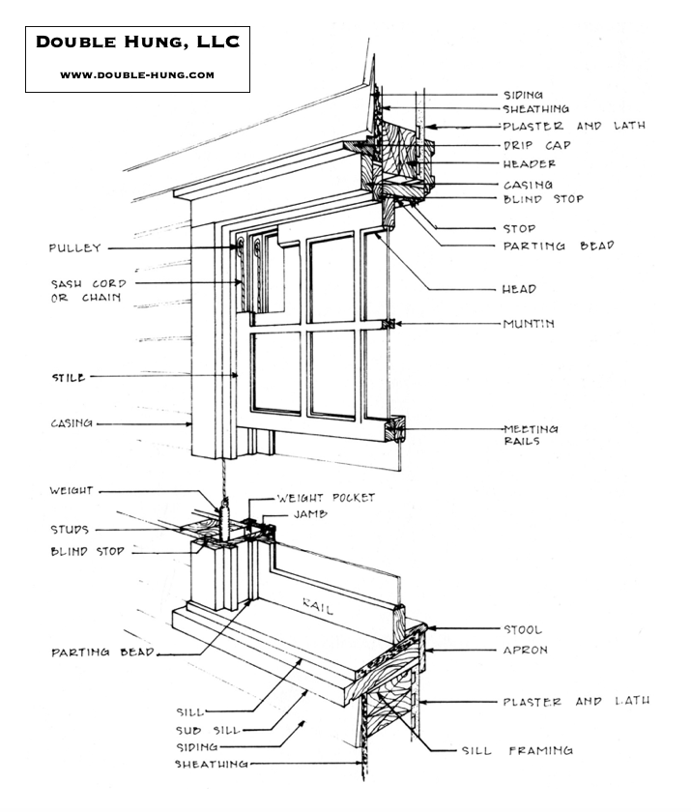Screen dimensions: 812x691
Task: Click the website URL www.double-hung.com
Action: click(x=137, y=74)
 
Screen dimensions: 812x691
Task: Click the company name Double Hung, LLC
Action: click(x=137, y=43)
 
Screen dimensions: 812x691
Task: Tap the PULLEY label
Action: click(x=75, y=248)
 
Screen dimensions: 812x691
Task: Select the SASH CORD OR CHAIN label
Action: click(x=88, y=291)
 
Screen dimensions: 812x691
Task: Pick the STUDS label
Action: click(x=70, y=530)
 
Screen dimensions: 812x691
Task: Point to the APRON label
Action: click(x=524, y=651)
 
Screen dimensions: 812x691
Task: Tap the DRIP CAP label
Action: click(x=529, y=145)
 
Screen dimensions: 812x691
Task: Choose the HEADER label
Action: click(x=530, y=164)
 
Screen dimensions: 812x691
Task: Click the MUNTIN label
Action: click(x=528, y=324)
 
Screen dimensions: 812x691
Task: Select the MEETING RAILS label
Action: click(x=531, y=435)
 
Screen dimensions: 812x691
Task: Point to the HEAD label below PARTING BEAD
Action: click(x=519, y=289)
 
